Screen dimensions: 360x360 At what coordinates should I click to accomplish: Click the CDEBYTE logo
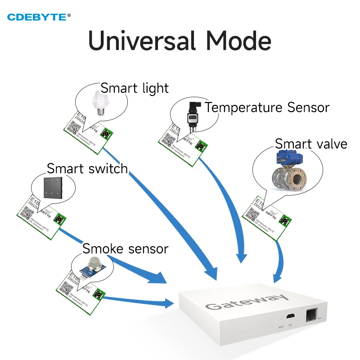39,17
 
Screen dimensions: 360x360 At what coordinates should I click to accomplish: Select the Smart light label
135,88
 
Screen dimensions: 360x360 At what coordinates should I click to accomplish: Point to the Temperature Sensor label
267,108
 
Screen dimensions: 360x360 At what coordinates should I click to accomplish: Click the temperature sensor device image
192,115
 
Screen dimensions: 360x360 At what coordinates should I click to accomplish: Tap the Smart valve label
311,144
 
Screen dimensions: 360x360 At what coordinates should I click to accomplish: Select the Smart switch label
87,169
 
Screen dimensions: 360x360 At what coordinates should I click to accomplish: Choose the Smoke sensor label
125,248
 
